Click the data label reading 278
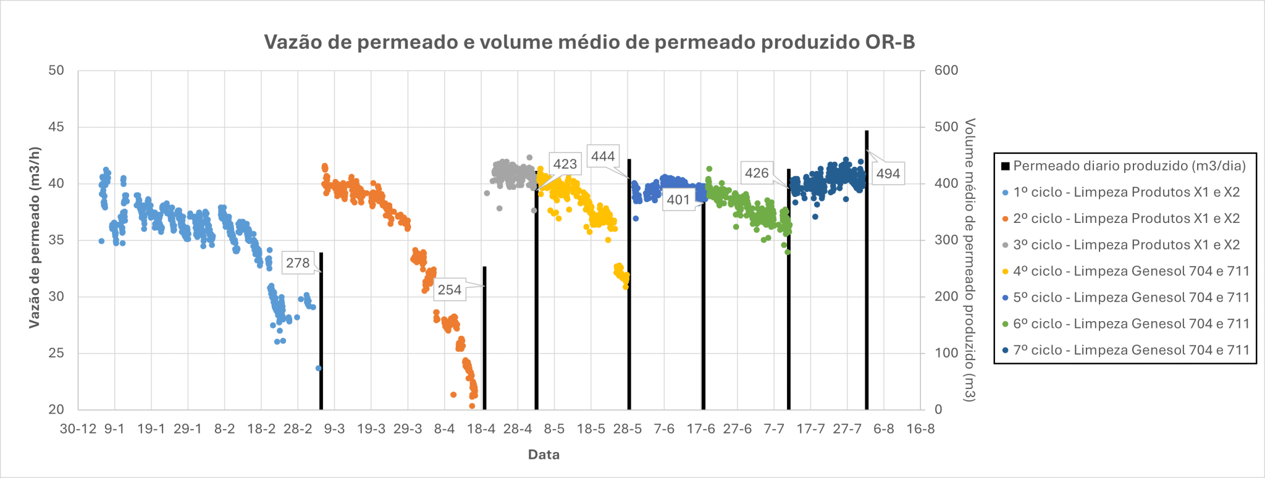click(298, 263)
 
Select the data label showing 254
click(450, 290)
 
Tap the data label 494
click(888, 174)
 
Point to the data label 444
click(603, 156)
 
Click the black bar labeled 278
click(321, 333)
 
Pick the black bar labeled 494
click(867, 272)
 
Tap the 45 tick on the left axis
click(56, 127)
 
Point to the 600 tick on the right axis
click(946, 70)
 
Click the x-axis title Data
click(544, 455)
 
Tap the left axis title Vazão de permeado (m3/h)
click(35, 238)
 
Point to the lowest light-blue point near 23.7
click(319, 368)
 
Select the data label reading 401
click(678, 200)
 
